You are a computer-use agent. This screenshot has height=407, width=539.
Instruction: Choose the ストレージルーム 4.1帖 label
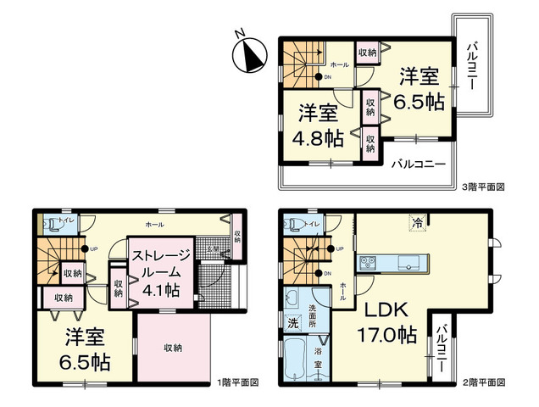pos(155,270)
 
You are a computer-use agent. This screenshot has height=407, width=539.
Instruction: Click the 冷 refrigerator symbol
pos(418,223)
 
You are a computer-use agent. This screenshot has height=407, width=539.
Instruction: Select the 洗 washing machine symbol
pos(292,322)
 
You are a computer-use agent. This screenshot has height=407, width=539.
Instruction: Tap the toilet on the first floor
pos(53,226)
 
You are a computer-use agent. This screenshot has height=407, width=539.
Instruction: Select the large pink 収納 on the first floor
pos(174,347)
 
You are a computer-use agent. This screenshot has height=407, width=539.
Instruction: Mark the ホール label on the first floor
pos(155,225)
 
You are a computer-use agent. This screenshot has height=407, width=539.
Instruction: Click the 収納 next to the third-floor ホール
pos(367,53)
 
